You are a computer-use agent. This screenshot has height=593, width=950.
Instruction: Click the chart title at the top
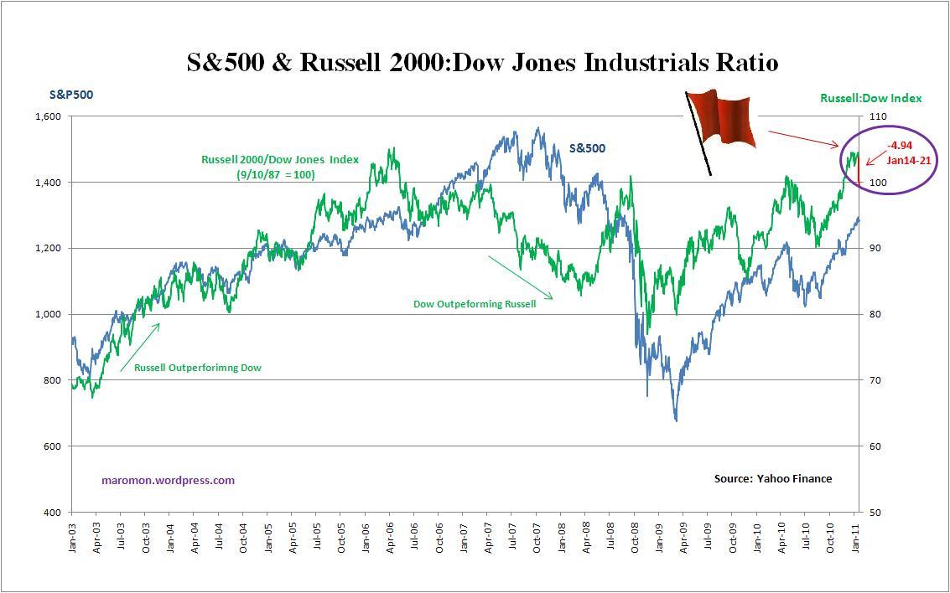point(482,63)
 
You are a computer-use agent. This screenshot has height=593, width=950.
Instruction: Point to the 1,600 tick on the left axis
point(48,116)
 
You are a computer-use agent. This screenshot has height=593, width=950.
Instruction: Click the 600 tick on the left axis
point(53,446)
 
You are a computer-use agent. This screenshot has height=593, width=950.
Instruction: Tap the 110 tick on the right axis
point(875,116)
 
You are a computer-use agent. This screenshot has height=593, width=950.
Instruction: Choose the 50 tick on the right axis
point(873,513)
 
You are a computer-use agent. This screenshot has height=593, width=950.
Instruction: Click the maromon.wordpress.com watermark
point(168,481)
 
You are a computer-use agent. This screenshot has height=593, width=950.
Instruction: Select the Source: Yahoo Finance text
point(772,478)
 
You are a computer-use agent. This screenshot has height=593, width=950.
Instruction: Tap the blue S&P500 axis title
point(71,95)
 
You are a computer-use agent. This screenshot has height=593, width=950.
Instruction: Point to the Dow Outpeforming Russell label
point(475,303)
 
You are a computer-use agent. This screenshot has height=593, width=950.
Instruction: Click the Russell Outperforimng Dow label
point(198,367)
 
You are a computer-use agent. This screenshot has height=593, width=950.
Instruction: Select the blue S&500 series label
point(587,148)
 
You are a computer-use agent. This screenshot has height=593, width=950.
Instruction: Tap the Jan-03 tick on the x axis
point(73,539)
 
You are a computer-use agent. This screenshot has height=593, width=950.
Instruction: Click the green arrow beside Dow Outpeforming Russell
point(520,276)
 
